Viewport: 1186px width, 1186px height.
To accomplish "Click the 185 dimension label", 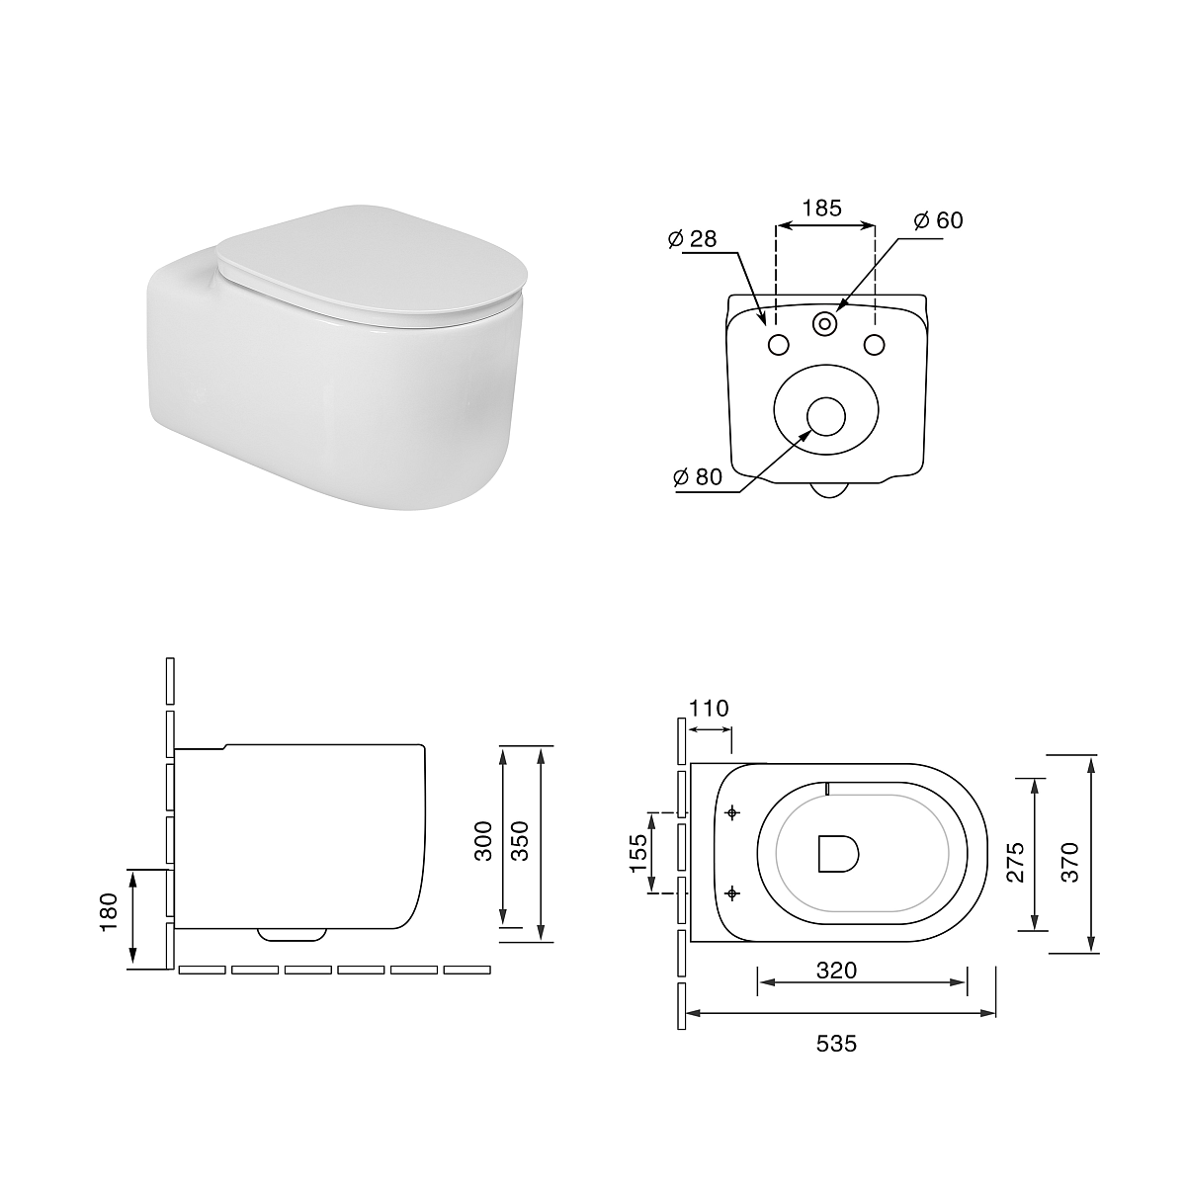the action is pyautogui.click(x=821, y=209).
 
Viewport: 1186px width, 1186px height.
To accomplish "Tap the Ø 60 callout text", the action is pyautogui.click(x=939, y=220).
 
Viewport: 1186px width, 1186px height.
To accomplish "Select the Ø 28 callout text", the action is pyautogui.click(x=693, y=239).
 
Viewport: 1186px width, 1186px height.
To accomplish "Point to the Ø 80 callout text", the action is pyautogui.click(x=698, y=476).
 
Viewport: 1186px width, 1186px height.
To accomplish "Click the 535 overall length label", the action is pyautogui.click(x=836, y=1044).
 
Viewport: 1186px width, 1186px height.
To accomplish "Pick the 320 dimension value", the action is pyautogui.click(x=836, y=971).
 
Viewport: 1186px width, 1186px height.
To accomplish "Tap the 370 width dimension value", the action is pyautogui.click(x=1070, y=862).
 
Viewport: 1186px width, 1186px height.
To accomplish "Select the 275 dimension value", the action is pyautogui.click(x=1016, y=862).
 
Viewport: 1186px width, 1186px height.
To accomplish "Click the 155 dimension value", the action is pyautogui.click(x=638, y=853).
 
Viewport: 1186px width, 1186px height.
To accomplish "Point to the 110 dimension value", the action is pyautogui.click(x=709, y=709).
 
